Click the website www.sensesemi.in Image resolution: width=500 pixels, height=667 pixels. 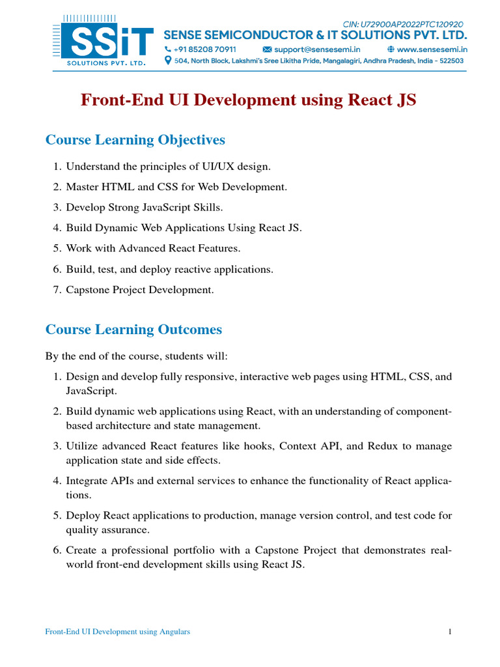click(x=431, y=50)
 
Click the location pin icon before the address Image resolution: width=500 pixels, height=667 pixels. click(x=168, y=61)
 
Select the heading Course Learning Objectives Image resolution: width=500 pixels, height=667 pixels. click(x=135, y=140)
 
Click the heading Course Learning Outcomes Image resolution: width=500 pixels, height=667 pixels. click(x=133, y=330)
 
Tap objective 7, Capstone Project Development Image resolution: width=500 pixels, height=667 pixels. click(x=139, y=290)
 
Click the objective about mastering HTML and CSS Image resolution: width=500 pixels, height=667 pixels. click(x=176, y=187)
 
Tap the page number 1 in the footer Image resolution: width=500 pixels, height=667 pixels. click(x=450, y=632)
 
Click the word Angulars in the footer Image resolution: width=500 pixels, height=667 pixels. click(x=174, y=632)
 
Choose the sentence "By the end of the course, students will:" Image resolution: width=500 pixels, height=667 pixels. click(x=137, y=356)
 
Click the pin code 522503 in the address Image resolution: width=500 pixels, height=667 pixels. click(x=450, y=61)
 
